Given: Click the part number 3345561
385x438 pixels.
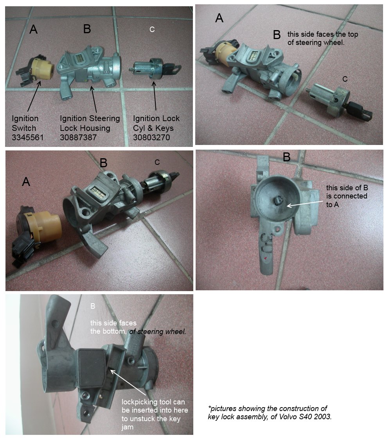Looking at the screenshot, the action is (x=27, y=138).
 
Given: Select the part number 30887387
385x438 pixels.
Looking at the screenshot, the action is (x=78, y=138).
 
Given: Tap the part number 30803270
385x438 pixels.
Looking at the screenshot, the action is (x=151, y=138).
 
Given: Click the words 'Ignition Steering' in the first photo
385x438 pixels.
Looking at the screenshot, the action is (x=90, y=118).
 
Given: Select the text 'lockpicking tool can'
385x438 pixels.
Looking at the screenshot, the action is (x=153, y=402).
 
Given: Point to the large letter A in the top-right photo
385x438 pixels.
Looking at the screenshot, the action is (x=219, y=18).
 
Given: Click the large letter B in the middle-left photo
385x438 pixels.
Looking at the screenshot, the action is (x=104, y=163).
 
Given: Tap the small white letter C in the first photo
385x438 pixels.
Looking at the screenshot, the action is (x=152, y=29).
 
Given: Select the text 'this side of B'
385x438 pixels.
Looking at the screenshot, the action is (x=347, y=188).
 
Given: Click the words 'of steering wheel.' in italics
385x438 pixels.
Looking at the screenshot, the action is (x=158, y=332).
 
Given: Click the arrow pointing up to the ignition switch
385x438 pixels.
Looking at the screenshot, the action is (x=34, y=96).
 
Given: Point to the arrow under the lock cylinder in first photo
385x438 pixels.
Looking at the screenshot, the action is (x=155, y=96).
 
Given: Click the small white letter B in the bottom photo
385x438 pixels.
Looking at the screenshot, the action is (x=93, y=306).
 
